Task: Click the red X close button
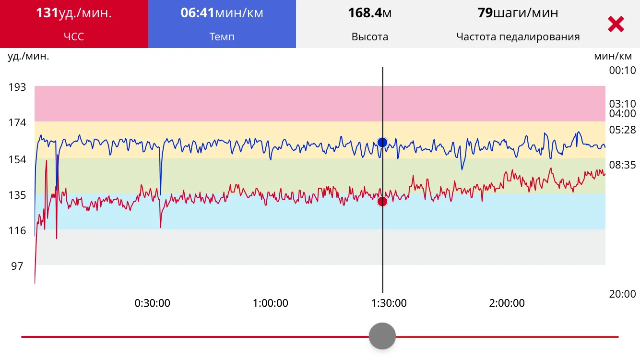coord(616,24)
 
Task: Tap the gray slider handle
coord(382,336)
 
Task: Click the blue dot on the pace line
coord(382,142)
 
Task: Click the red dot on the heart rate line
coord(382,201)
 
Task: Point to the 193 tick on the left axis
coord(17,87)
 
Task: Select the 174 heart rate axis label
coord(17,123)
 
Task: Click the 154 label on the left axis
coord(17,159)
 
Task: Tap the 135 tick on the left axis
coord(17,195)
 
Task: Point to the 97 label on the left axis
coord(17,266)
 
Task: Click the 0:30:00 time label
coord(152,303)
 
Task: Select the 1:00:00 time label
coord(271,303)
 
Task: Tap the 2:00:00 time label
coord(507,303)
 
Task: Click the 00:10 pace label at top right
coord(622,71)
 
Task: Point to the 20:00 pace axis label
coord(622,294)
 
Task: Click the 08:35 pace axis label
coord(622,165)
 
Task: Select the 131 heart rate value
coord(47,13)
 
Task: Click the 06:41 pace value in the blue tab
coord(197,13)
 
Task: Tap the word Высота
coord(370,37)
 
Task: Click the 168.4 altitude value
coord(365,13)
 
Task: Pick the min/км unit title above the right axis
coord(613,56)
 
